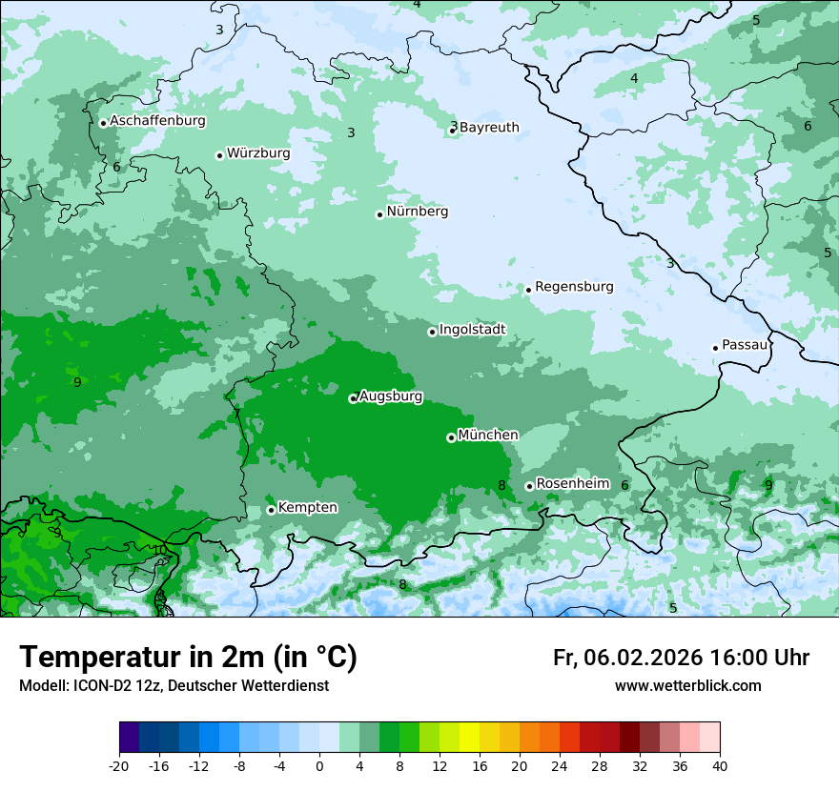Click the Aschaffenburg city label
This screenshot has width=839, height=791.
pyautogui.click(x=157, y=121)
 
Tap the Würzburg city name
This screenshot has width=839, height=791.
pyautogui.click(x=258, y=153)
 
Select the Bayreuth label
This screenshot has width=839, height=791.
pyautogui.click(x=489, y=128)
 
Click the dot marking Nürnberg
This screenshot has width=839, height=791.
pyautogui.click(x=379, y=214)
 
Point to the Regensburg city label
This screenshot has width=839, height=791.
pyautogui.click(x=574, y=287)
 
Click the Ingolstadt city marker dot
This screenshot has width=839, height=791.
pyautogui.click(x=432, y=332)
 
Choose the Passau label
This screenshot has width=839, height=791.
pyautogui.click(x=745, y=345)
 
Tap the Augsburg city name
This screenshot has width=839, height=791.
pyautogui.click(x=391, y=396)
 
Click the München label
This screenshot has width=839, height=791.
pyautogui.click(x=488, y=436)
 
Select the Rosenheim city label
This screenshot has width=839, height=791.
pyautogui.click(x=572, y=484)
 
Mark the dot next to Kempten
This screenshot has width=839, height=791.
pyautogui.click(x=271, y=510)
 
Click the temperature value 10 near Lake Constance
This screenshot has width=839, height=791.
pyautogui.click(x=159, y=550)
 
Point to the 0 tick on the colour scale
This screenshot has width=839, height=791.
pyautogui.click(x=319, y=765)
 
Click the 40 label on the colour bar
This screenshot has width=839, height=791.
pyautogui.click(x=720, y=765)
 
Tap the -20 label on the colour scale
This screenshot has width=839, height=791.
pyautogui.click(x=119, y=765)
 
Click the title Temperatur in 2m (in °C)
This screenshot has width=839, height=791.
pyautogui.click(x=189, y=658)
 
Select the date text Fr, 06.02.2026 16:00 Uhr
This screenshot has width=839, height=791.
pyautogui.click(x=681, y=658)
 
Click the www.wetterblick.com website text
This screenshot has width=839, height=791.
pyautogui.click(x=687, y=686)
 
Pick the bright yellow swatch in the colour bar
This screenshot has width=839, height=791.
pyautogui.click(x=469, y=739)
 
